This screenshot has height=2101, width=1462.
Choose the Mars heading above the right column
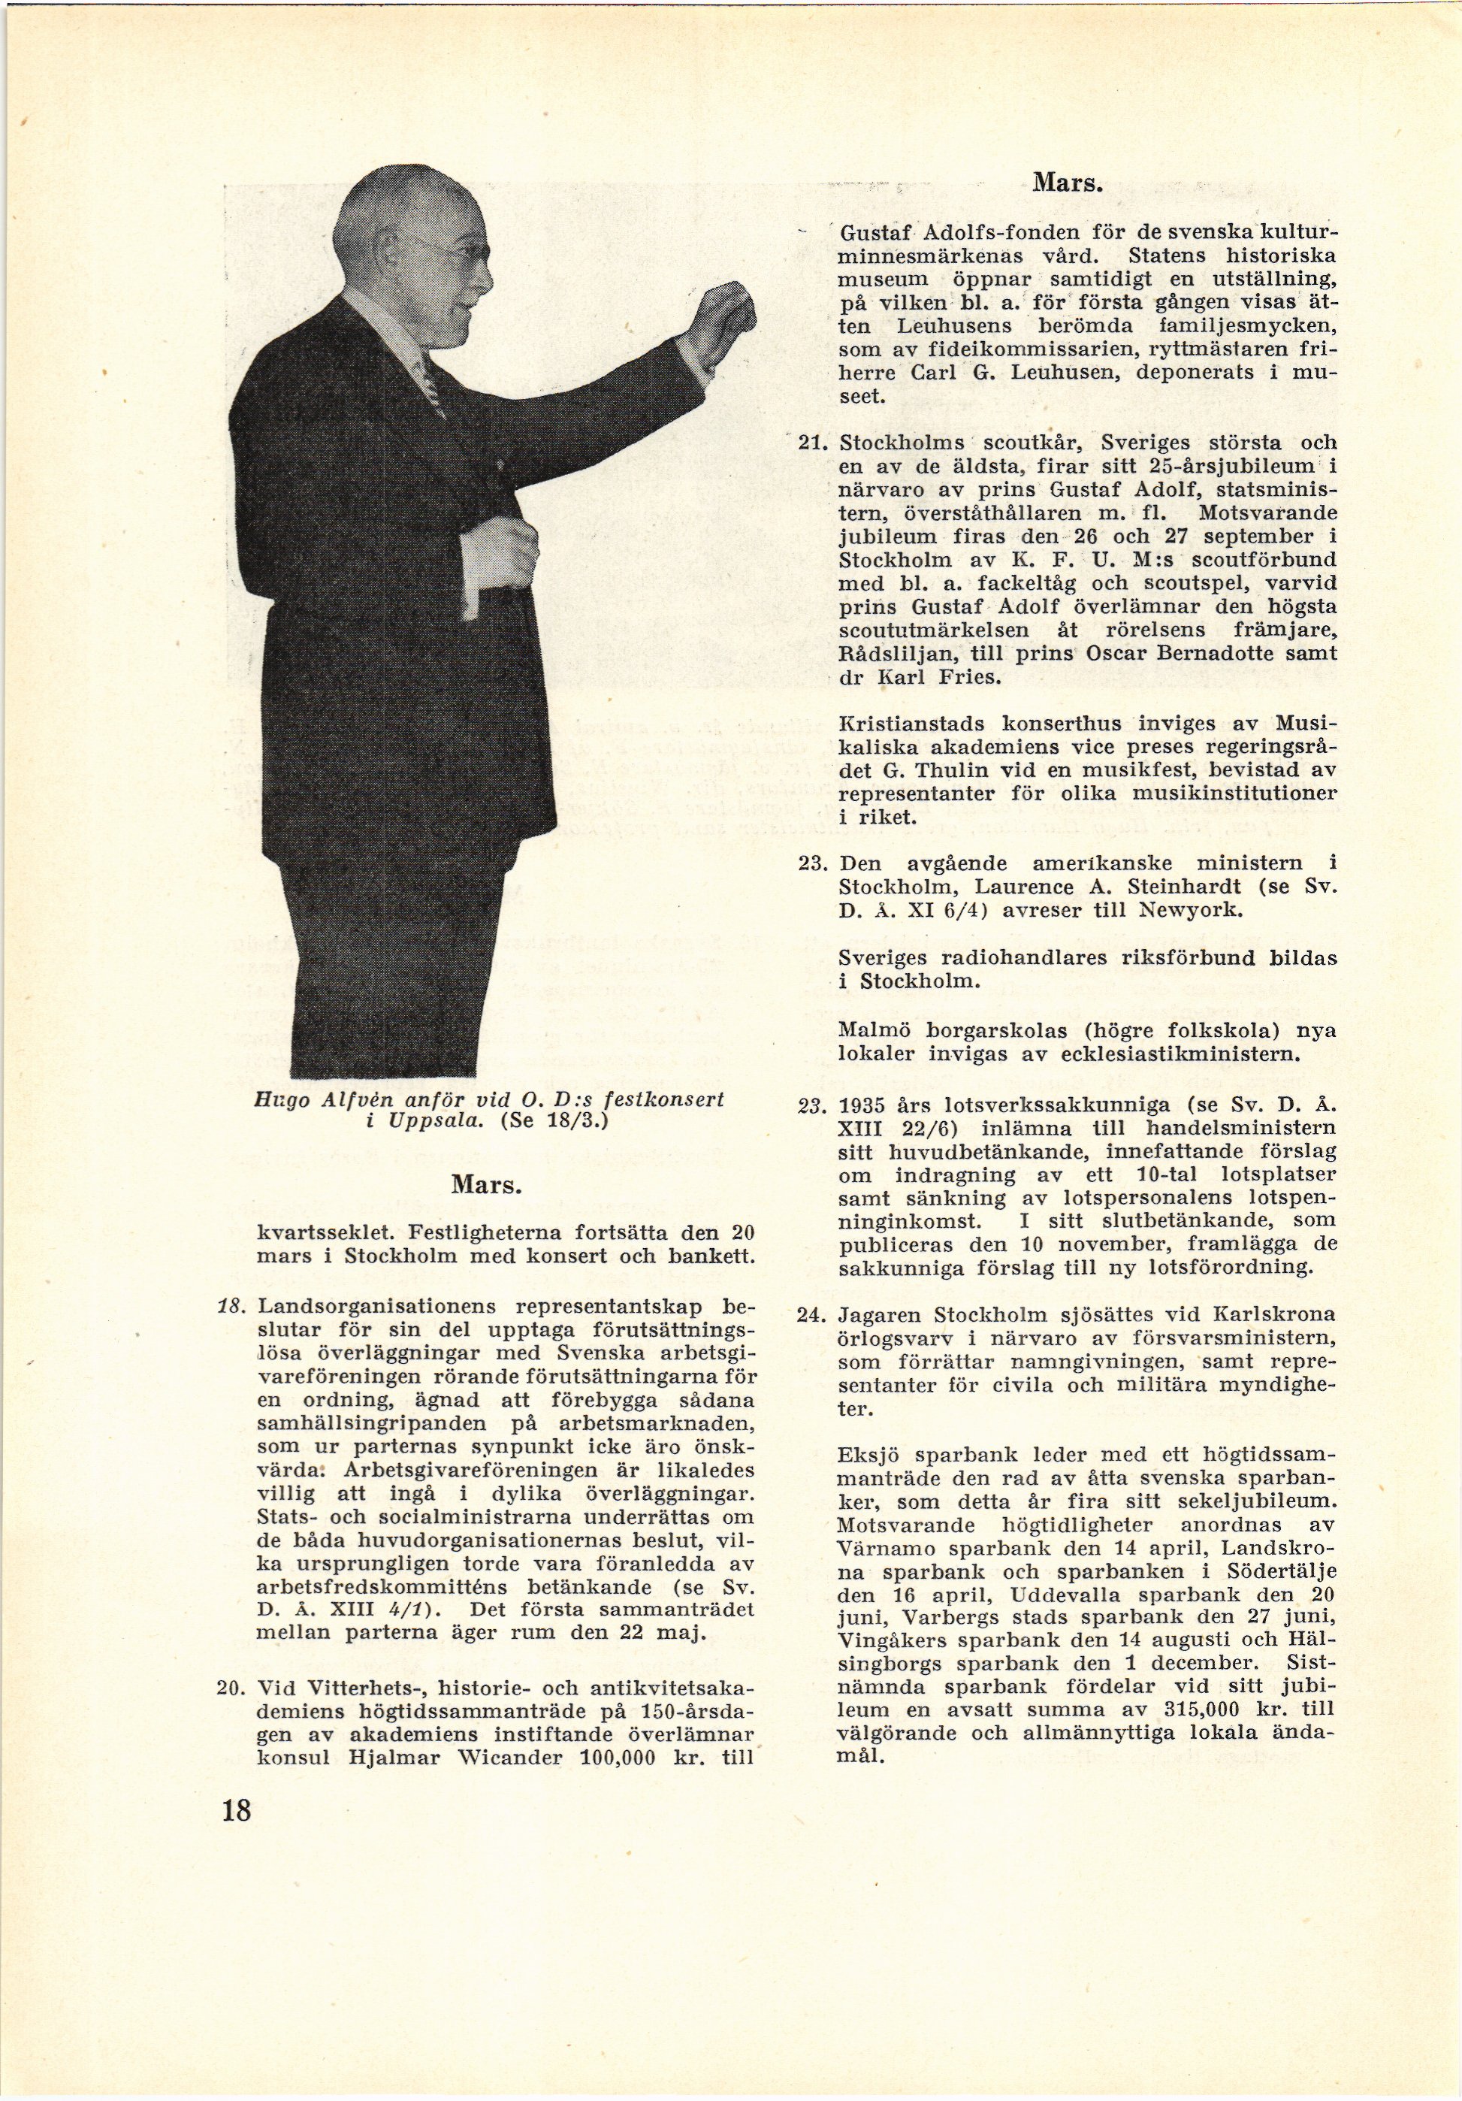1068,182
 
